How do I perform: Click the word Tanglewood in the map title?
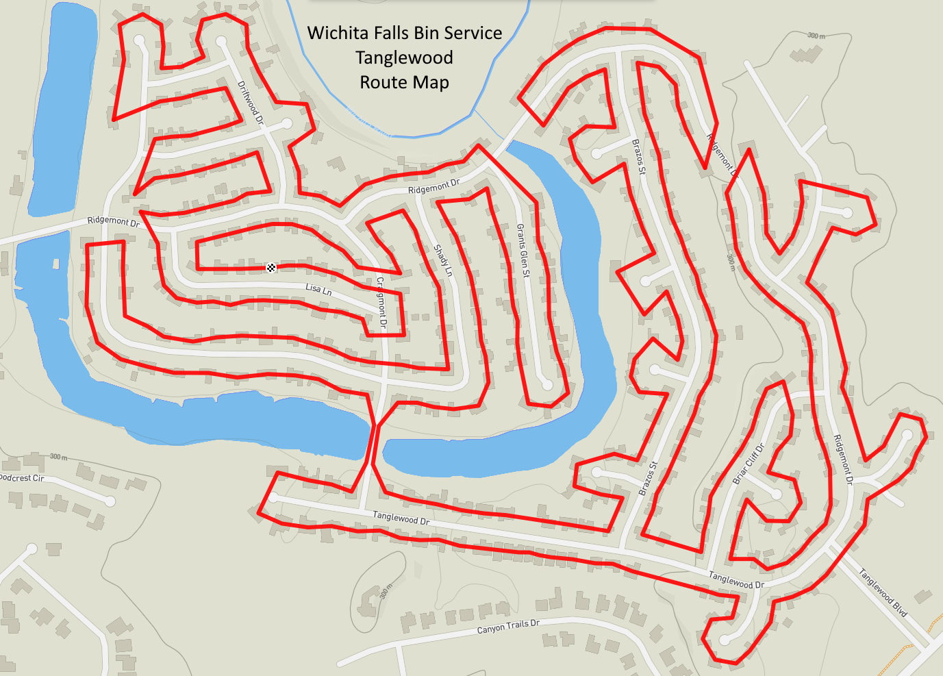404,58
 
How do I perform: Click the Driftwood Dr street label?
250,102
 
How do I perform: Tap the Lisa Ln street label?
318,289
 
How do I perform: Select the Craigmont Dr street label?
382,302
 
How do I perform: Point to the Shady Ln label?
443,260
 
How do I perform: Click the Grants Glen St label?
523,250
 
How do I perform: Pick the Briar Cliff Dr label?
749,464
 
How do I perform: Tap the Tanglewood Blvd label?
883,593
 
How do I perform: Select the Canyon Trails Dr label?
508,627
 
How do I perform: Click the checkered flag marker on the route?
271,267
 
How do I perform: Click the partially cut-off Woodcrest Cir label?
21,477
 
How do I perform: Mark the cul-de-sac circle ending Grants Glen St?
547,385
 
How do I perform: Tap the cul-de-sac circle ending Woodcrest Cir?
110,501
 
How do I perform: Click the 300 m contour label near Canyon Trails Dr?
386,591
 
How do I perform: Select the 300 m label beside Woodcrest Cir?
58,457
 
